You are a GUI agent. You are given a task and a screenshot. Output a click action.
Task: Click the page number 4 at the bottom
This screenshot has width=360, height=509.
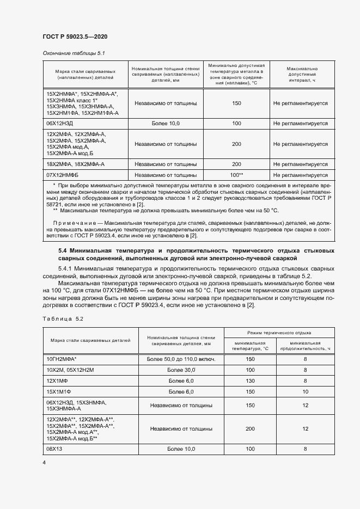tap(44, 462)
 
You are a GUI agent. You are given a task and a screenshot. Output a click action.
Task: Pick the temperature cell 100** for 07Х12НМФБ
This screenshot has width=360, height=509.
tap(236, 175)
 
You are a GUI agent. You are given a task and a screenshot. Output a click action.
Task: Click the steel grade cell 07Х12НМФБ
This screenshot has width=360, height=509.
tap(64, 175)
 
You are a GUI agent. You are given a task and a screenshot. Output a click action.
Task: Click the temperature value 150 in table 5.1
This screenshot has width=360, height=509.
tap(236, 103)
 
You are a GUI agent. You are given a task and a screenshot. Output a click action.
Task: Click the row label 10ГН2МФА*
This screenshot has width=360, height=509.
tap(62, 359)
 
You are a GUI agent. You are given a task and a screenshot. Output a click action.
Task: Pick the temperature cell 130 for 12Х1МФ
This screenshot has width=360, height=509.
tap(250, 381)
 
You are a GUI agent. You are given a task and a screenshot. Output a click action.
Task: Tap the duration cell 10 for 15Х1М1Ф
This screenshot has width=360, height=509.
tap(305, 392)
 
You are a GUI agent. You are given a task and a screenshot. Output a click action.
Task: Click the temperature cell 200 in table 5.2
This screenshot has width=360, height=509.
tap(250, 429)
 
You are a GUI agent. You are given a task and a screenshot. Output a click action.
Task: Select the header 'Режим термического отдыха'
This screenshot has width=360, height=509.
tap(279, 332)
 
